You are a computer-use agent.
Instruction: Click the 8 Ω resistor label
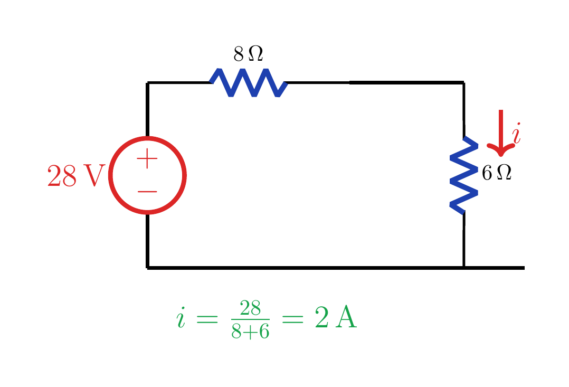(248, 54)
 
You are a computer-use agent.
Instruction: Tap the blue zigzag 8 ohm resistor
(249, 83)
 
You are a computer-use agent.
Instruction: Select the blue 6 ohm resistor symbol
(464, 175)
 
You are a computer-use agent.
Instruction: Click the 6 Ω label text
(496, 173)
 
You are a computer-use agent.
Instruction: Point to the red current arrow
(501, 133)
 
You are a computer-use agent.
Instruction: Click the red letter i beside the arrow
(517, 134)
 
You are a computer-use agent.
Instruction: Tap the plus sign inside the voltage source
(147, 158)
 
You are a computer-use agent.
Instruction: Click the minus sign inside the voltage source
(147, 191)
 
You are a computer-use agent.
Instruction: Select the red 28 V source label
(76, 176)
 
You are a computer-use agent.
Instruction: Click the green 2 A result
(336, 317)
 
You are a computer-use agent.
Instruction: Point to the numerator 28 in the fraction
(250, 308)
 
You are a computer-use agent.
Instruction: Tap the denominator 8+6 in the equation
(250, 331)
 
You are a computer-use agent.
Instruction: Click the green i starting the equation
(181, 317)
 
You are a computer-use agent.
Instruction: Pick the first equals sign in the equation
(207, 319)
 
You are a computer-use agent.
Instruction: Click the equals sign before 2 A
(292, 319)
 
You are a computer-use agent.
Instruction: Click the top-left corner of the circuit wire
(147, 83)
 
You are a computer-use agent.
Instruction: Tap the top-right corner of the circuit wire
(463, 83)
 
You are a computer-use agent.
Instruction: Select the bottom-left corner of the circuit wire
(147, 268)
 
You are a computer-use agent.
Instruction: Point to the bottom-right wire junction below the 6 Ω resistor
(464, 268)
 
